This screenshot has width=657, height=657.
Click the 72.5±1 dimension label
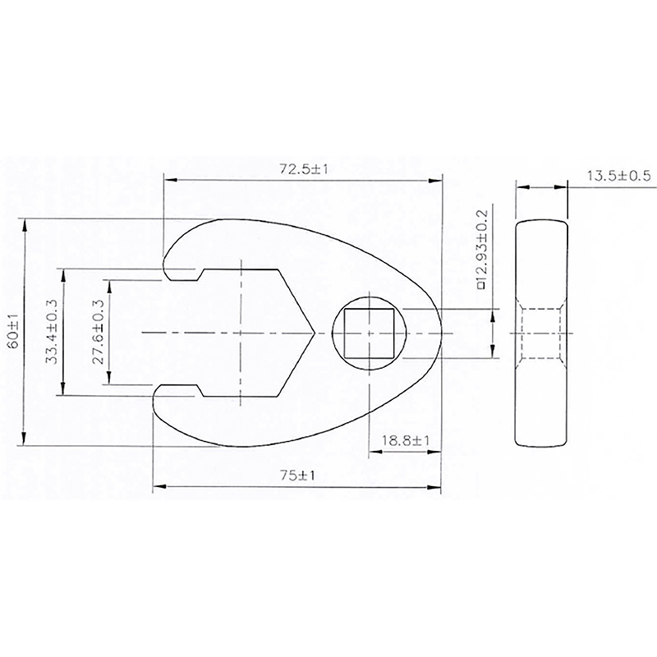point(303,169)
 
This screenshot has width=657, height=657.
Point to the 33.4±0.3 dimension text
point(51,332)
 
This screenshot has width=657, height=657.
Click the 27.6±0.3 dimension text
point(98,332)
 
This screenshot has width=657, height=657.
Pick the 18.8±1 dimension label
point(405,440)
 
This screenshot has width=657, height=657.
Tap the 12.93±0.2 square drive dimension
point(482,250)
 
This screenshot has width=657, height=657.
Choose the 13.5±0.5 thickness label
point(619,176)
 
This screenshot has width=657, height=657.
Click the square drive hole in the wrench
point(369,333)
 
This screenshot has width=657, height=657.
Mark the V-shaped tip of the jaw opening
point(314,333)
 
